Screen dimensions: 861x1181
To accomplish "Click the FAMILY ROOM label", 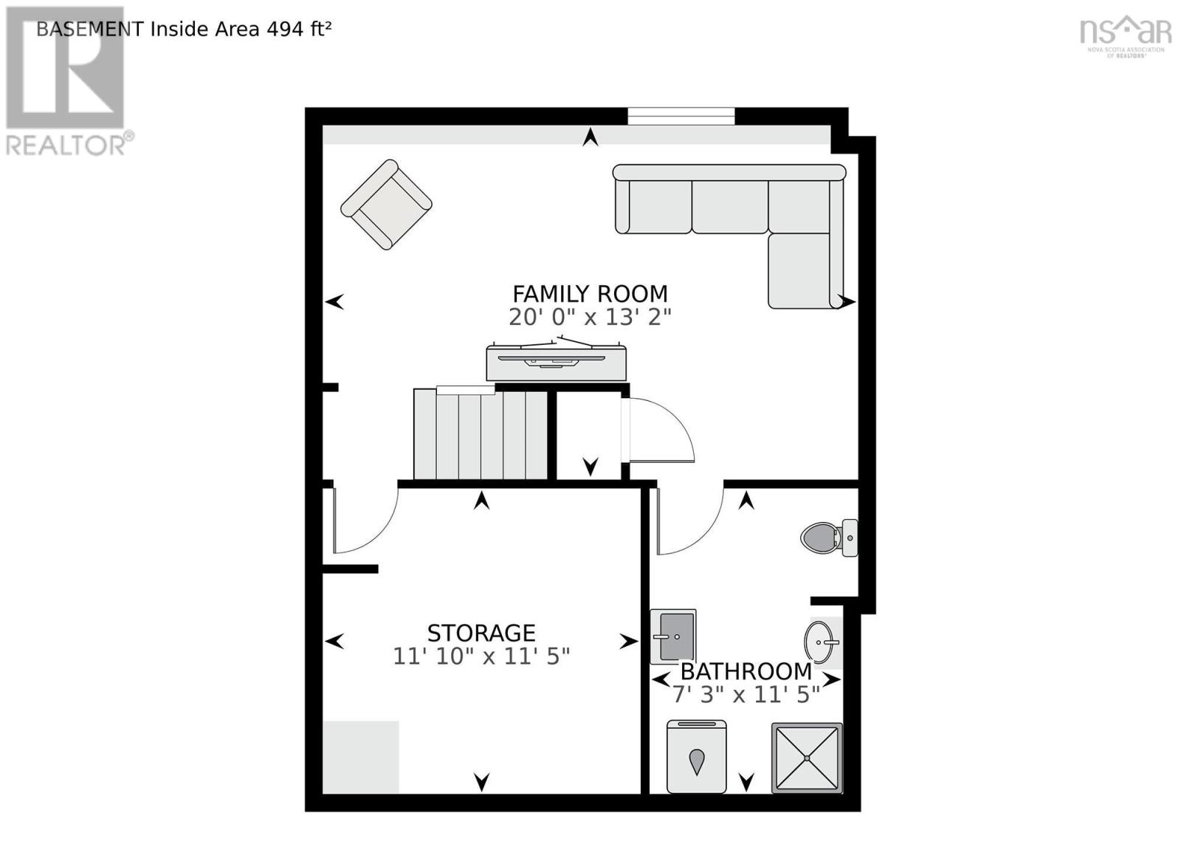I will (590, 294).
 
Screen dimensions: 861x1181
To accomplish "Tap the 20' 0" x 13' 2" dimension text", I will (590, 318).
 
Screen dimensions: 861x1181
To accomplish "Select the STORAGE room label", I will (481, 633).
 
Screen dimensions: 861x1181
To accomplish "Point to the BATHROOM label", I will (746, 671).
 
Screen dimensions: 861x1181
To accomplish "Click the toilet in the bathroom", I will (827, 538).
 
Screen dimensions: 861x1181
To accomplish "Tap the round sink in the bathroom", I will (820, 642).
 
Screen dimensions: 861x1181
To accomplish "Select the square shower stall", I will (807, 758).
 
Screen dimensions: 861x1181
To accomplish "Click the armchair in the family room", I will (386, 205).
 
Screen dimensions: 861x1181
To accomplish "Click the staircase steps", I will (480, 436).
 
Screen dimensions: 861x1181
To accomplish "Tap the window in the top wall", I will (681, 116).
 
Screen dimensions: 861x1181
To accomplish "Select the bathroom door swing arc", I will (686, 521).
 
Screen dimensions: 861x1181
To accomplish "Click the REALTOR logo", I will (66, 81).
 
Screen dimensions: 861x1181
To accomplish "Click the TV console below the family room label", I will (556, 362).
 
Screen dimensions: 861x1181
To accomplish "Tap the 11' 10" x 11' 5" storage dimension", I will (481, 656).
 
